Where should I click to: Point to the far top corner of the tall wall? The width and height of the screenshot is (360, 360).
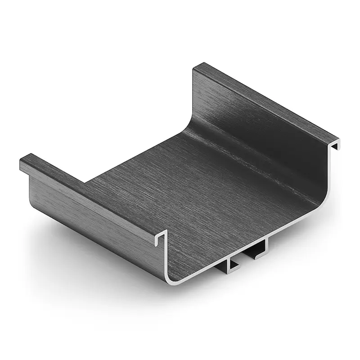[196, 68]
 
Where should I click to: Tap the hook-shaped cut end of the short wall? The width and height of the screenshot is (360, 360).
[161, 238]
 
